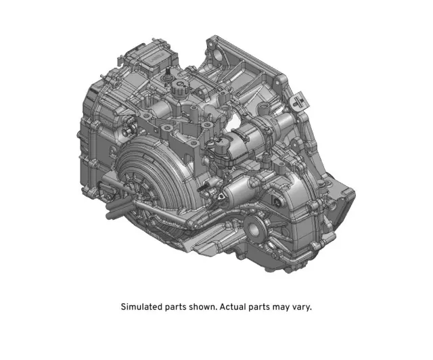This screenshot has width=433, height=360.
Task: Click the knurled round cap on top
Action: point(179,87)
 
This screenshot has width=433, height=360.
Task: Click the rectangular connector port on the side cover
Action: point(277,201)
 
